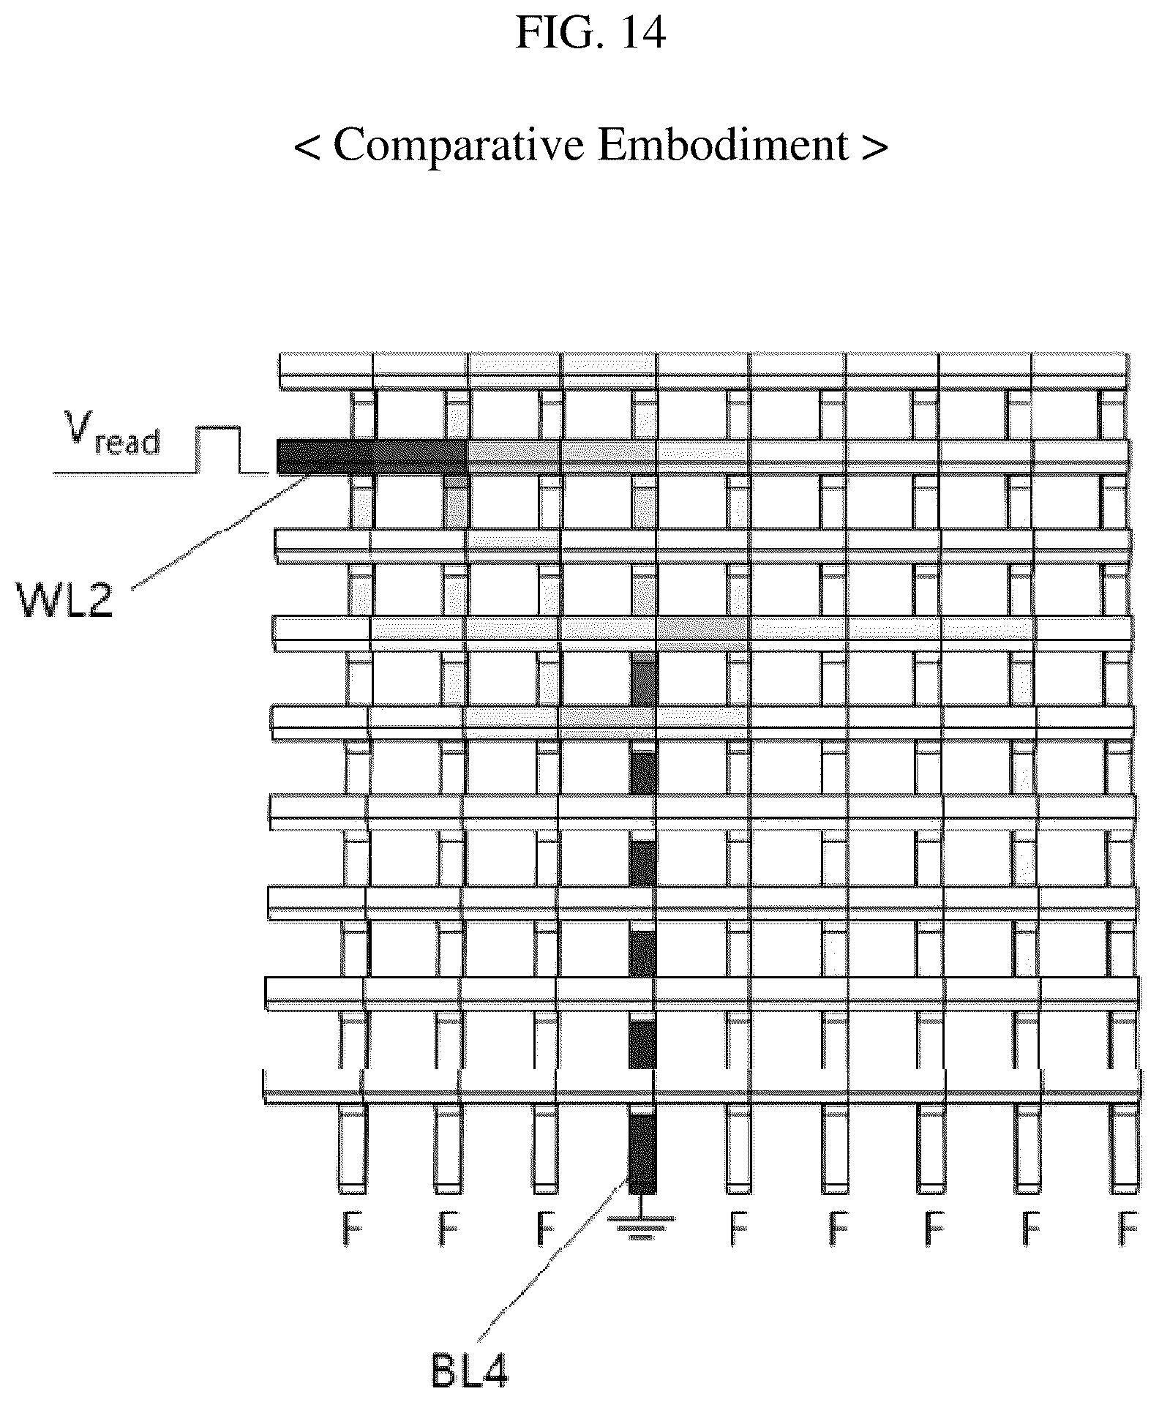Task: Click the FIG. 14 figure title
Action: point(590,32)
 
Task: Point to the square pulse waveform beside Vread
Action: point(220,450)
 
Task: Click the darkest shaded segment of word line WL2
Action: point(372,457)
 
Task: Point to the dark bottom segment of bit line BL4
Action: point(642,1153)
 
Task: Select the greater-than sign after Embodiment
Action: point(875,146)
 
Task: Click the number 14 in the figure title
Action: point(642,32)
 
